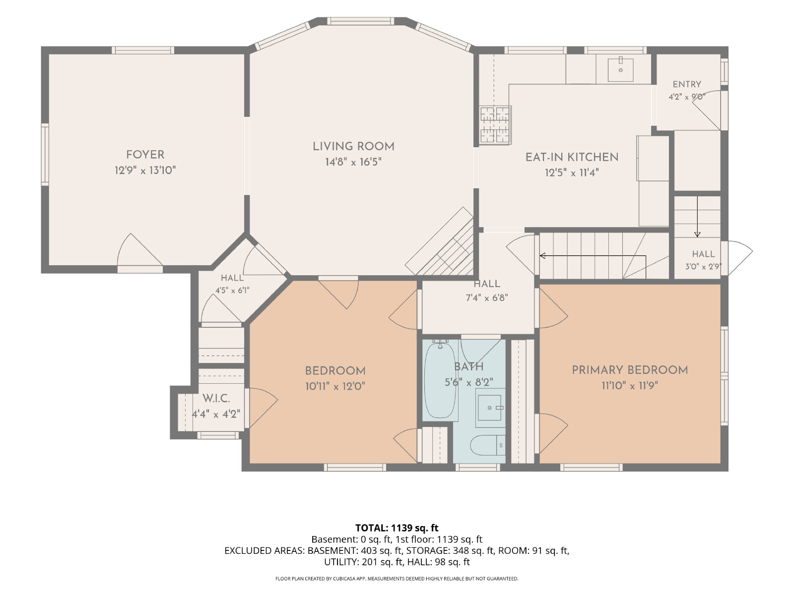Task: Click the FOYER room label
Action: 145,155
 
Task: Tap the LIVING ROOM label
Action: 353,147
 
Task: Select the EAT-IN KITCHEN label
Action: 572,158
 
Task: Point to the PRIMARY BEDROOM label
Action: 630,370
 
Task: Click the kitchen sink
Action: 620,70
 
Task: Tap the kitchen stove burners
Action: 495,125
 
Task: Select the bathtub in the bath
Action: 440,380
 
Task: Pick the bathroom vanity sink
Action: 490,408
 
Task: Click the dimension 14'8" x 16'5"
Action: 353,162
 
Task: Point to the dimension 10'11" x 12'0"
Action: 335,387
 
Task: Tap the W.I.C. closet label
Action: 216,399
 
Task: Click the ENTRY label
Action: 687,84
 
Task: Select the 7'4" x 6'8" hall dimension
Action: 487,298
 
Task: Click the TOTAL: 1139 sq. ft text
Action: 397,528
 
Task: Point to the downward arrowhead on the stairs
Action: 697,235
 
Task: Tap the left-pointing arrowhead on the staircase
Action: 542,256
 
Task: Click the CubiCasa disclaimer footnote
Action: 397,579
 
